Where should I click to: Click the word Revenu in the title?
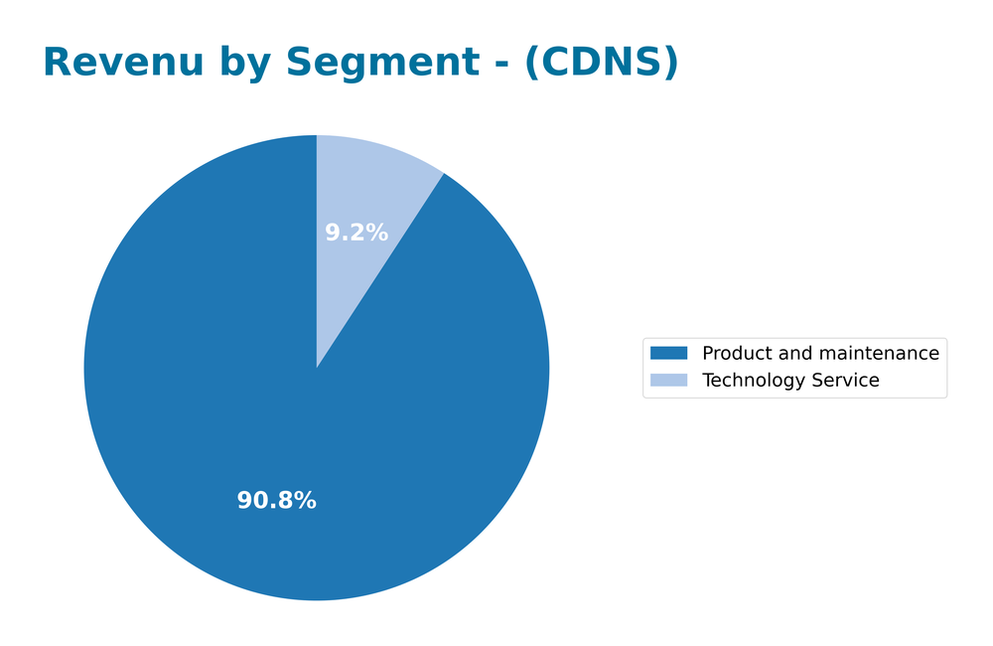[x=109, y=63]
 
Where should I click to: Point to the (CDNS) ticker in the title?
[x=602, y=63]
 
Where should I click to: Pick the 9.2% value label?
[x=356, y=233]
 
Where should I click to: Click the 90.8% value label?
[x=276, y=501]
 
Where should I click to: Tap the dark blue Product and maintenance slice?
[x=248, y=398]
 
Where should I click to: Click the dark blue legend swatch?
[x=668, y=353]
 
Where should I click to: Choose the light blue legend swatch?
[x=668, y=381]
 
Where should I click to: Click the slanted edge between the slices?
[x=380, y=270]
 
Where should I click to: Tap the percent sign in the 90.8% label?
[x=306, y=501]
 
